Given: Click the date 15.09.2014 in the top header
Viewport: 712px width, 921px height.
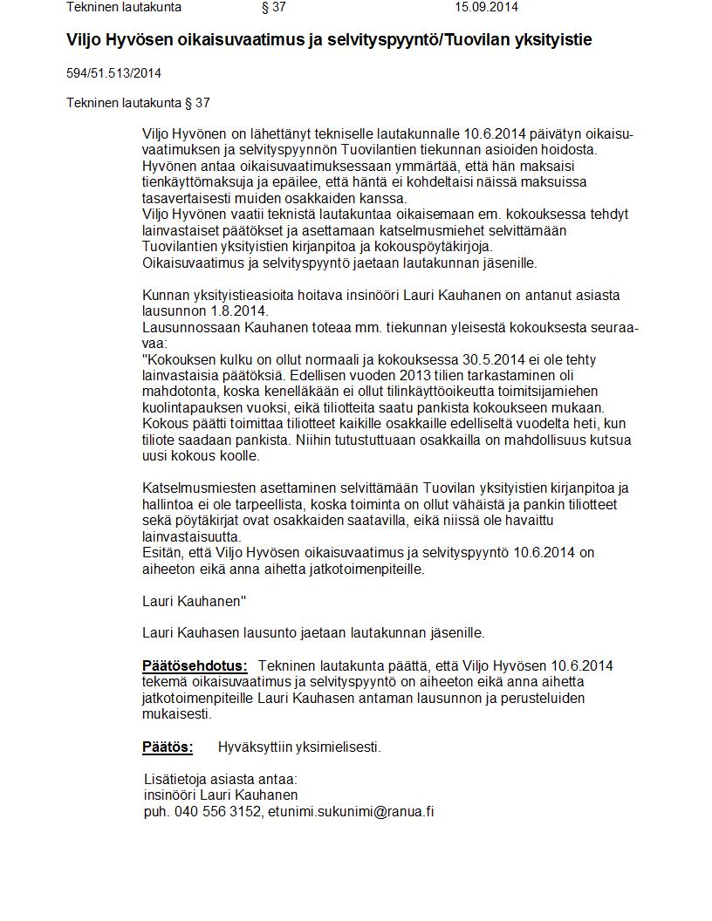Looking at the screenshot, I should (x=486, y=7).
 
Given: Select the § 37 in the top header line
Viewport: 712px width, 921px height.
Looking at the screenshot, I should (x=273, y=7).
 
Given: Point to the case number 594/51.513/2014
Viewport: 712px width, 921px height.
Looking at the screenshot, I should (x=113, y=73).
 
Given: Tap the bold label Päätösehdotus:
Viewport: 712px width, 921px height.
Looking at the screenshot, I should (x=195, y=666).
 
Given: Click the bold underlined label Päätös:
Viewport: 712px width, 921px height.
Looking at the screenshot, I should (x=168, y=747).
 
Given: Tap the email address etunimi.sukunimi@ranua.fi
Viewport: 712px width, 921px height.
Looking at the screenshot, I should (x=351, y=812).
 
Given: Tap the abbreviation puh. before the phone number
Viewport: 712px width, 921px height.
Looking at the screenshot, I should (x=156, y=812).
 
